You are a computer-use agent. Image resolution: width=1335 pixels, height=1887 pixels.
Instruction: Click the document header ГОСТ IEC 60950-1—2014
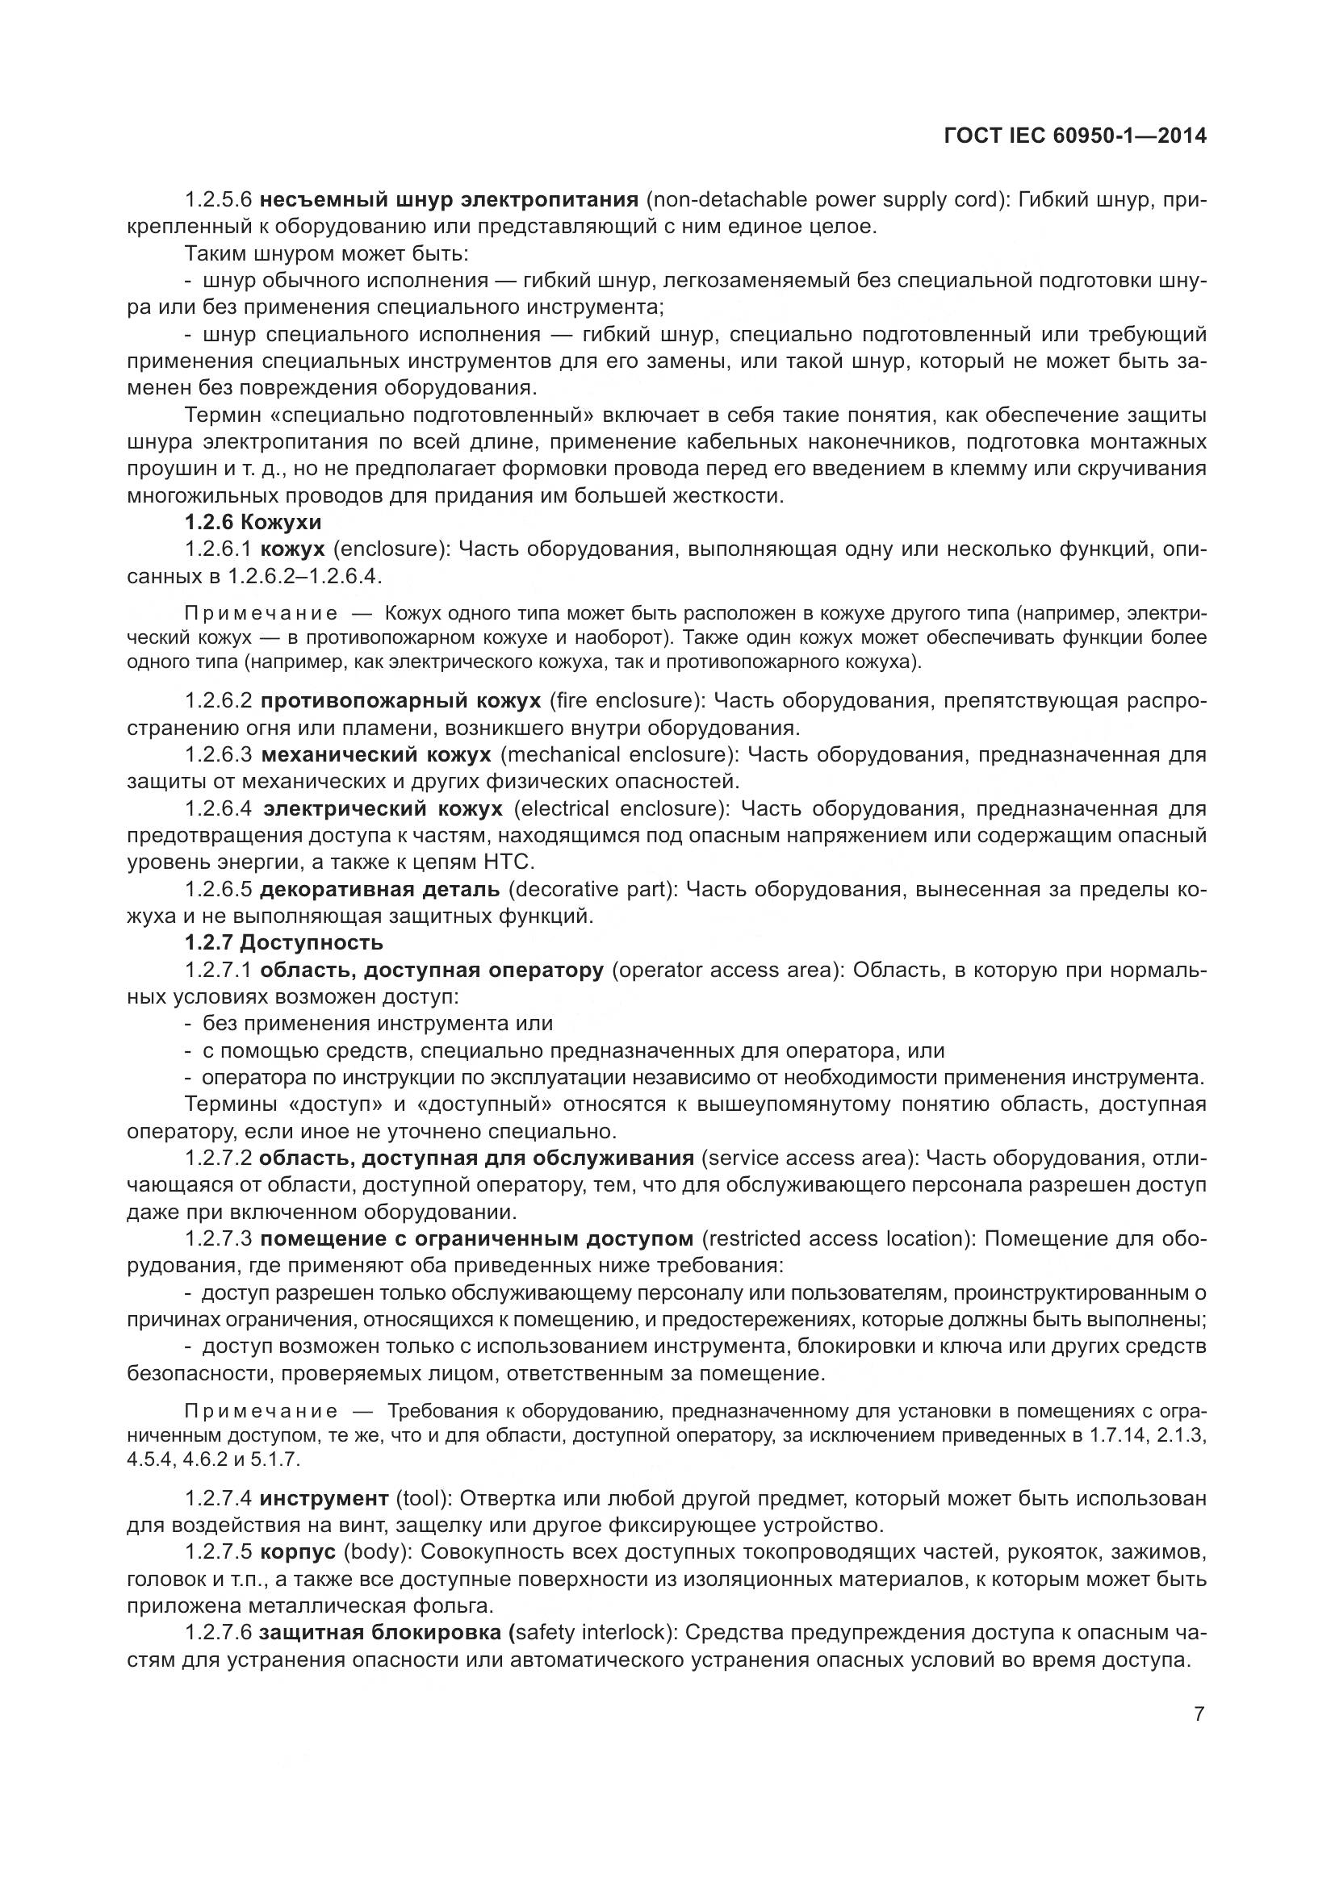tap(1076, 136)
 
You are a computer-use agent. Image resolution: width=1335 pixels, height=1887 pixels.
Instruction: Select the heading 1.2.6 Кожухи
tap(253, 523)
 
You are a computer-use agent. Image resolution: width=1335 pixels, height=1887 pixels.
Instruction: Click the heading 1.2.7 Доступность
tap(283, 942)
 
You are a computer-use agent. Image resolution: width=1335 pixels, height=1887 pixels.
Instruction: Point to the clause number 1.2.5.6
tap(218, 200)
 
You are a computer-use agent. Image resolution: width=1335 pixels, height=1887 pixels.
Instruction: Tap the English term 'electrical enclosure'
tap(621, 808)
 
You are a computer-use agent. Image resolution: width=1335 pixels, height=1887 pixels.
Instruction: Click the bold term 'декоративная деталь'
tap(380, 889)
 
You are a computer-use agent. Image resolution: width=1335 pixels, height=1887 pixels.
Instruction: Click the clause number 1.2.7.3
tap(218, 1238)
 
